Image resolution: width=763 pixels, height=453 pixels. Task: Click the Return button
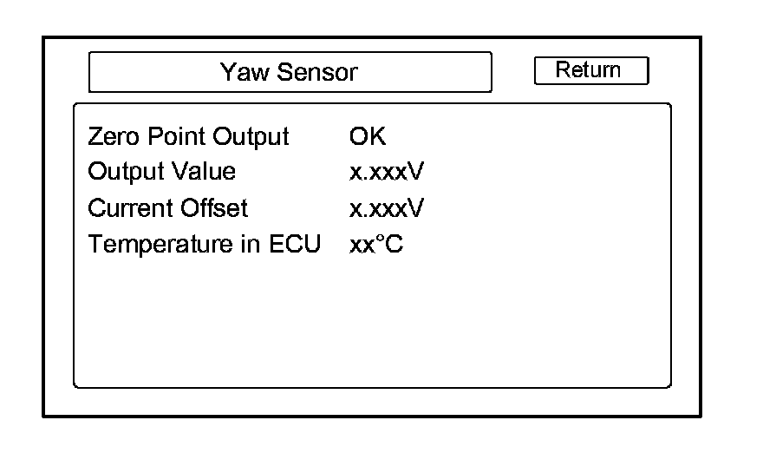tap(590, 71)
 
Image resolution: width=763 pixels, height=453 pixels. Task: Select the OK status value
tap(367, 136)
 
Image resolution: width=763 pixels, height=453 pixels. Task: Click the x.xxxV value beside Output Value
tap(386, 172)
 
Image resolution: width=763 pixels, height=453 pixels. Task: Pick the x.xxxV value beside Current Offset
tap(386, 208)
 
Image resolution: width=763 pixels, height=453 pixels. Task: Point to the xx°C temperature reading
tap(375, 245)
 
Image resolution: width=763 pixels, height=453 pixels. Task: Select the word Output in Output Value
tap(121, 172)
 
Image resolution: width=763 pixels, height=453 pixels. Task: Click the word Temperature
tap(161, 245)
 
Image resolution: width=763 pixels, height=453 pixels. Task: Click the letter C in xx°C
tap(395, 245)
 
